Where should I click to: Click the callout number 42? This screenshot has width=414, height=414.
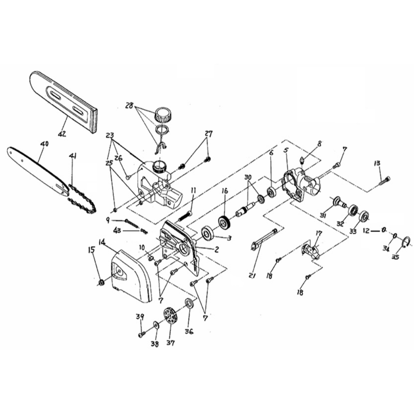(62, 134)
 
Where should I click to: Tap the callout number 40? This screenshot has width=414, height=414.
(45, 144)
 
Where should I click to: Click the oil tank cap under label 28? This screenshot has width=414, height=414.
(162, 115)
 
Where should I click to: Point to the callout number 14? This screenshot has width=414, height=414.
(102, 242)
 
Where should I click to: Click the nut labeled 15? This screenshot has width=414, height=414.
(101, 283)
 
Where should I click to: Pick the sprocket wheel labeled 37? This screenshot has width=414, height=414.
(170, 316)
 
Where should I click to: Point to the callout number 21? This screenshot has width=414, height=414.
(252, 276)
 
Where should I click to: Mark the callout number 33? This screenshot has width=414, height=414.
(353, 231)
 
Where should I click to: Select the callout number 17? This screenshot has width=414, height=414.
(319, 234)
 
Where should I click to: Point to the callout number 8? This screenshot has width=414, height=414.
(319, 144)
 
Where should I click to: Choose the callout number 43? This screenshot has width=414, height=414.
(117, 230)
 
